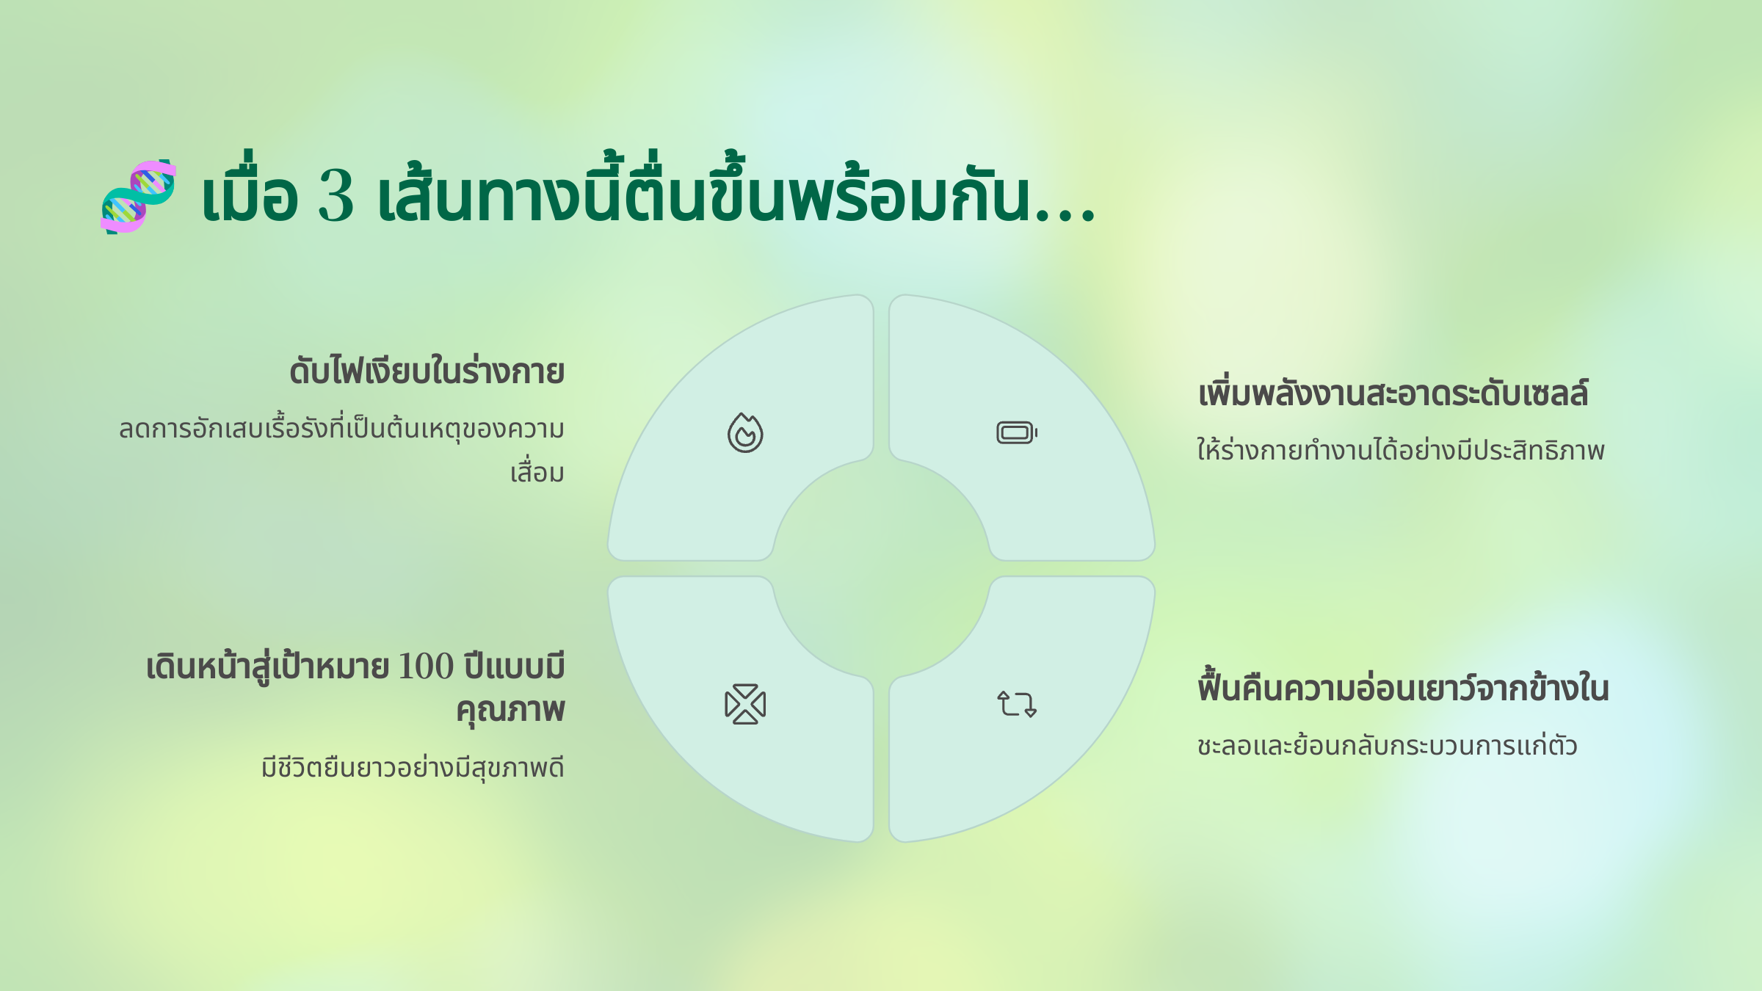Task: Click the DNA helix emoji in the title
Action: point(139,197)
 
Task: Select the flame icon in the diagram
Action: point(745,432)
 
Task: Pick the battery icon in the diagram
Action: point(1017,432)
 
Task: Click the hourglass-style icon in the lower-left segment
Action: point(745,704)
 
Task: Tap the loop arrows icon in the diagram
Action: point(1017,704)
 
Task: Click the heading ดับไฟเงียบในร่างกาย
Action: point(427,371)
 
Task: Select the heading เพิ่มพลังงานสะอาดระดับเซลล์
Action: point(1393,393)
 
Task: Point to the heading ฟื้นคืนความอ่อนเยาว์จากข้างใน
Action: point(1403,687)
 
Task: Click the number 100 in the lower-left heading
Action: point(426,667)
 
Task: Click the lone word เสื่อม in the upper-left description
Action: point(537,473)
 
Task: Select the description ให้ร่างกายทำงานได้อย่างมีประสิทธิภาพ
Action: point(1401,449)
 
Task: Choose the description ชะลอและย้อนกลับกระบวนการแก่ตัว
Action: point(1388,744)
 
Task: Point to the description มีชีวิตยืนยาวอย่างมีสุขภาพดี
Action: point(413,768)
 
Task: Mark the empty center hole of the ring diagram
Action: point(881,568)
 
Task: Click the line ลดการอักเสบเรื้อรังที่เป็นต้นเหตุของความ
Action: point(342,429)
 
